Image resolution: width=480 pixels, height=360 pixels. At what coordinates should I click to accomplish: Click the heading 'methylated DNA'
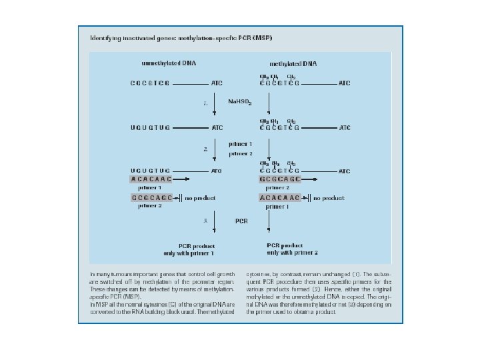[x=293, y=63]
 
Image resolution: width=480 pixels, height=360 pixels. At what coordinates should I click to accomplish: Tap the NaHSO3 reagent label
[x=240, y=102]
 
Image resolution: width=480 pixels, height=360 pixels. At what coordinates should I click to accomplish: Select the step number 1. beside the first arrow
[x=206, y=103]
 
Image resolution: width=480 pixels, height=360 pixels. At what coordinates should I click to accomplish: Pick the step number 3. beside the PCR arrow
[x=206, y=220]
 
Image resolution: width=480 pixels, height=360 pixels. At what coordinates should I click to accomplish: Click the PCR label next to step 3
[x=242, y=220]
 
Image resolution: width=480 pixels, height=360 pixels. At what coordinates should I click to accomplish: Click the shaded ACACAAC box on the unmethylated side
[x=151, y=179]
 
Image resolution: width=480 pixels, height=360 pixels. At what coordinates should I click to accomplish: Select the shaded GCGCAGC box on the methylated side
[x=280, y=179]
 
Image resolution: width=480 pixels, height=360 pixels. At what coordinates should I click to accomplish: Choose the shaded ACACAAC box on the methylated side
[x=280, y=198]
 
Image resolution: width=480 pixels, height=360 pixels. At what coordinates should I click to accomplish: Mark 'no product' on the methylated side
[x=329, y=198]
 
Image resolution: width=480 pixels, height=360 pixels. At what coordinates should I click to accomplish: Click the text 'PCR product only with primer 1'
[x=189, y=249]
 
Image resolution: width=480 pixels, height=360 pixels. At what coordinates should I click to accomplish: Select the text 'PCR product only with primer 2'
[x=292, y=249]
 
